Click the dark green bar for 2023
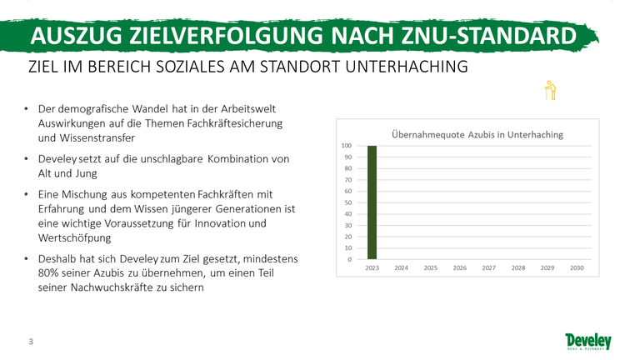tap(372, 202)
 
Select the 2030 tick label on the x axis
tap(577, 268)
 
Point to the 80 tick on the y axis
tap(348, 168)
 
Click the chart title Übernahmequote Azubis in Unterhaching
tap(477, 135)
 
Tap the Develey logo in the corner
tap(588, 342)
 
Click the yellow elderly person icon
tap(550, 90)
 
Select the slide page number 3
tap(31, 341)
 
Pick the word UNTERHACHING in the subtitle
tap(407, 67)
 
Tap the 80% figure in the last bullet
tap(48, 272)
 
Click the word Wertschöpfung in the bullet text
tap(75, 238)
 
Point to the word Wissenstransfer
tap(97, 138)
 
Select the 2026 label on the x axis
tap(460, 268)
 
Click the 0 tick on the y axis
tap(350, 259)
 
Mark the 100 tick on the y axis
tap(347, 146)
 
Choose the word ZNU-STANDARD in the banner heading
tap(489, 36)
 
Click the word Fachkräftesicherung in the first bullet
tap(235, 123)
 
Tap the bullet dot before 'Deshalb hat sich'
tap(26, 259)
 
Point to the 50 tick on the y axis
tap(348, 202)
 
